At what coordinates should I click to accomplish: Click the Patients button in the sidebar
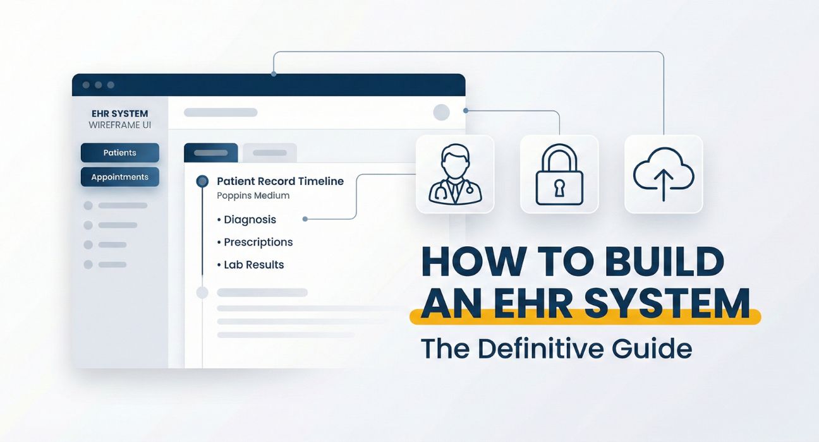(119, 153)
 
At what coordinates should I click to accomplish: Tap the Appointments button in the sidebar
(119, 177)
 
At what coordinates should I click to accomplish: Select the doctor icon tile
(454, 174)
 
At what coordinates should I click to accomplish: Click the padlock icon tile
(559, 174)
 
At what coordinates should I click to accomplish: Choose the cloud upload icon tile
(663, 174)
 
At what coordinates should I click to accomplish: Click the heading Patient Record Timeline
(280, 181)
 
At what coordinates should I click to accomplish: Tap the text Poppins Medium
(253, 196)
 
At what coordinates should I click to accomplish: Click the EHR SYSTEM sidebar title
(119, 114)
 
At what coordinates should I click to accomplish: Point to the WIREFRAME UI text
(119, 125)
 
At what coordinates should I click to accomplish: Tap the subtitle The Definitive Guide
(556, 349)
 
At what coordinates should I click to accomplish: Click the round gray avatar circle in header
(441, 112)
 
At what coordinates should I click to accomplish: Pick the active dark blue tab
(210, 153)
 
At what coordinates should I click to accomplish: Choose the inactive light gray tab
(269, 153)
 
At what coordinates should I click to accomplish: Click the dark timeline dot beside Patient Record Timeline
(202, 181)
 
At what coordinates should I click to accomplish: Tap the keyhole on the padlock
(559, 187)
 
